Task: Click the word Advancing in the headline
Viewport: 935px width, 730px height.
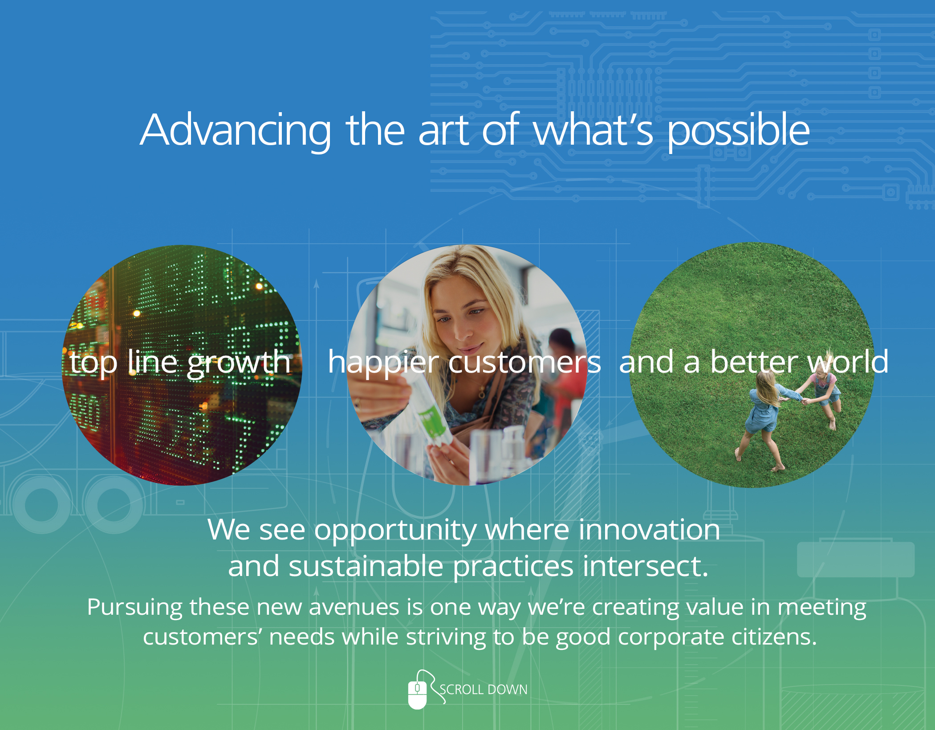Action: point(236,130)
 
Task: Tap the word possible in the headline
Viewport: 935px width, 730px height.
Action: point(738,130)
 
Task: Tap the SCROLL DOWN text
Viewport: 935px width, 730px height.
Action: point(484,689)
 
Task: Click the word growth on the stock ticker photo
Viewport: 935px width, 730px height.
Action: point(239,363)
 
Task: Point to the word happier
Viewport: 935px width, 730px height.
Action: point(384,363)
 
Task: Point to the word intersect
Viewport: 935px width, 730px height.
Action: point(645,566)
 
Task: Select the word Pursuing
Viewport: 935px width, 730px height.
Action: point(134,608)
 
